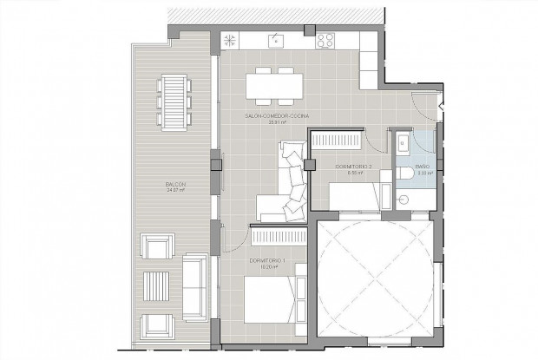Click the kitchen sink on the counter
275,39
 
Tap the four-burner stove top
326,40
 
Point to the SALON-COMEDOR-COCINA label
276,115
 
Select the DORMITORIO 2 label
352,166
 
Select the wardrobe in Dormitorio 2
338,139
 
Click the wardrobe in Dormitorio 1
279,236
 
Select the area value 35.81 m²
276,123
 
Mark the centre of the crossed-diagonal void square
375,279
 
